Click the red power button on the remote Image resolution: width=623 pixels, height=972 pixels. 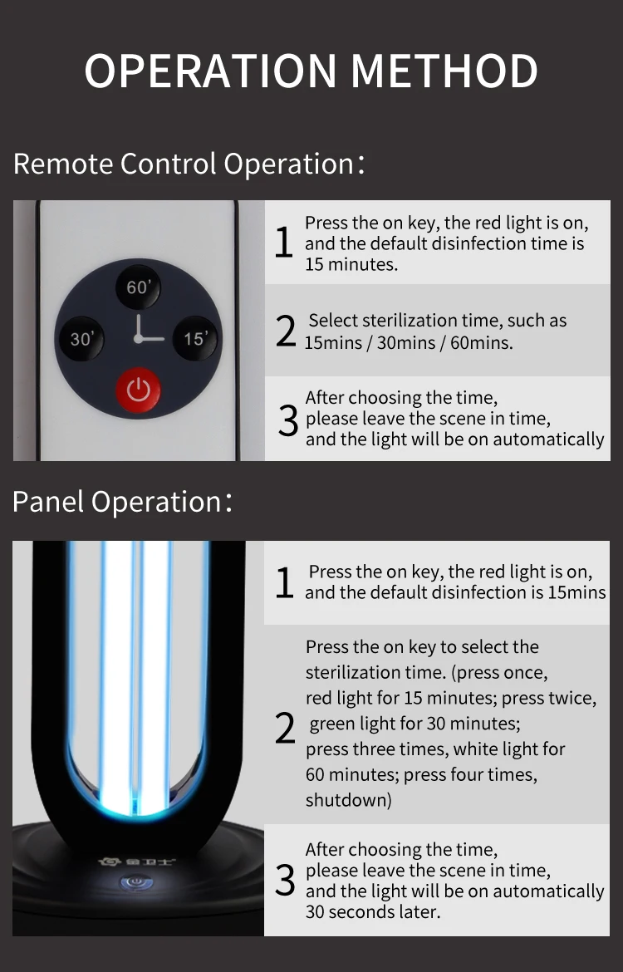coord(138,390)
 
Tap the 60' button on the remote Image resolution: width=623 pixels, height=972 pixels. coord(138,287)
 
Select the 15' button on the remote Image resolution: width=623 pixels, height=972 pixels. coord(195,338)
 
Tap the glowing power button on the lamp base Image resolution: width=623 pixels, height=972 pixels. coord(134,881)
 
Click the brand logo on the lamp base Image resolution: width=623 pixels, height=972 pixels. coord(137,862)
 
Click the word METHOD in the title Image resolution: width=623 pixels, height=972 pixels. coord(444,71)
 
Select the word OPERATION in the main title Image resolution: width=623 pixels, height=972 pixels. coord(210,71)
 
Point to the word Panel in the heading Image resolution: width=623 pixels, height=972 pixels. coord(47,502)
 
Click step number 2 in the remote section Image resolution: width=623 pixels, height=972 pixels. coord(286,331)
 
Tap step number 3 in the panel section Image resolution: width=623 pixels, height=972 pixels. coord(285,881)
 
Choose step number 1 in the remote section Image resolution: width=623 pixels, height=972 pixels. coord(284,243)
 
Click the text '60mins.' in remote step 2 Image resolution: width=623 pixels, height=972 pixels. coord(482,342)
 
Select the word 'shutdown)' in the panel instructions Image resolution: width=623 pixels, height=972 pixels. coord(348,800)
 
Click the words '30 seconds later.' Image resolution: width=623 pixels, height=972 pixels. coord(373,912)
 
